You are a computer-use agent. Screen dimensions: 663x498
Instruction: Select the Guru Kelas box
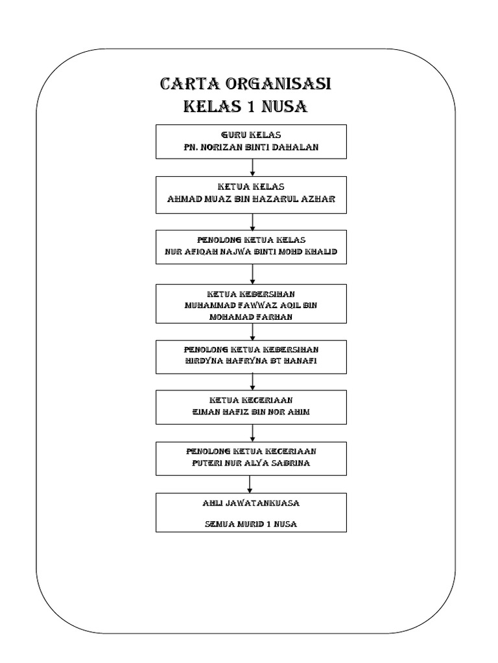[251, 141]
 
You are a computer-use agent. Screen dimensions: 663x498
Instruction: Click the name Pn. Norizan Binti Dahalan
[251, 148]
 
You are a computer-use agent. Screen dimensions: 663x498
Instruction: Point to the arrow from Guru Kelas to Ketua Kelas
[252, 166]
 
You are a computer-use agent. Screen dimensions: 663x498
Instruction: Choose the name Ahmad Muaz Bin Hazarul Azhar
[251, 200]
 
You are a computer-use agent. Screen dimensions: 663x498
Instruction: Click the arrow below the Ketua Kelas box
[252, 221]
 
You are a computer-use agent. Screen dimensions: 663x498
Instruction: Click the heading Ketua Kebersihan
[251, 293]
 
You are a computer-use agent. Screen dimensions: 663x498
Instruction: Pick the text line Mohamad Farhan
[251, 317]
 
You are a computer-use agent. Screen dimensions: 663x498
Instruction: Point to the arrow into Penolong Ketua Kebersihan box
[252, 331]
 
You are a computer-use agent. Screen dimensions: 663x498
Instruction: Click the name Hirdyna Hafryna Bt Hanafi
[251, 361]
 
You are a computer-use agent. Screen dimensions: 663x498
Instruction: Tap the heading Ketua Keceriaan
[251, 400]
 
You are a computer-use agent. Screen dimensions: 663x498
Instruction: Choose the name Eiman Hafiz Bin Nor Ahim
[251, 412]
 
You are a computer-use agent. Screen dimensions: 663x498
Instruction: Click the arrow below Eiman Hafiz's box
[252, 431]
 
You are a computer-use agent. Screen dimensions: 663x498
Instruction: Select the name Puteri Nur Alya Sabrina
[251, 463]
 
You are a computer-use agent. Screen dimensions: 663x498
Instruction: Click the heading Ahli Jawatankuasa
[251, 502]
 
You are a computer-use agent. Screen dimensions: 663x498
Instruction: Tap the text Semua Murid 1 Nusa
[251, 524]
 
